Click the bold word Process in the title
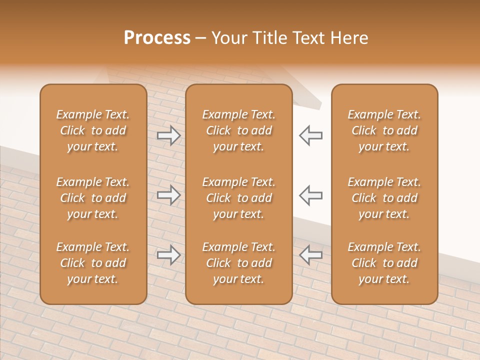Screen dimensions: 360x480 [157, 38]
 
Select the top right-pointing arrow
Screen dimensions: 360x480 [169, 135]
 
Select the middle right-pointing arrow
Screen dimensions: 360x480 [169, 195]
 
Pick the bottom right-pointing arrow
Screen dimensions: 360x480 [169, 255]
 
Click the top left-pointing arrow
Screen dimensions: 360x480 [310, 135]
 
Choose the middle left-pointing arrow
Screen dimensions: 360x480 [310, 195]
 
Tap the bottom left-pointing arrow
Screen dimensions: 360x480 [310, 255]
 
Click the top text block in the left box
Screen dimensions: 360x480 [93, 130]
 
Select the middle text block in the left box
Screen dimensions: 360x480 [93, 198]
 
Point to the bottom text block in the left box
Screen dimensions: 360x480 [93, 263]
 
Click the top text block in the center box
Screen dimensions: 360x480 [239, 130]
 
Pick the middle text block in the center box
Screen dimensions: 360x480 [239, 198]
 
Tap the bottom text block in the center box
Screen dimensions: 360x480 [239, 263]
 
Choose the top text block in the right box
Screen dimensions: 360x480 [384, 130]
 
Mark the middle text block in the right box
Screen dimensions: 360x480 [384, 198]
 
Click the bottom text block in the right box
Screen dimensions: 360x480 [384, 263]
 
